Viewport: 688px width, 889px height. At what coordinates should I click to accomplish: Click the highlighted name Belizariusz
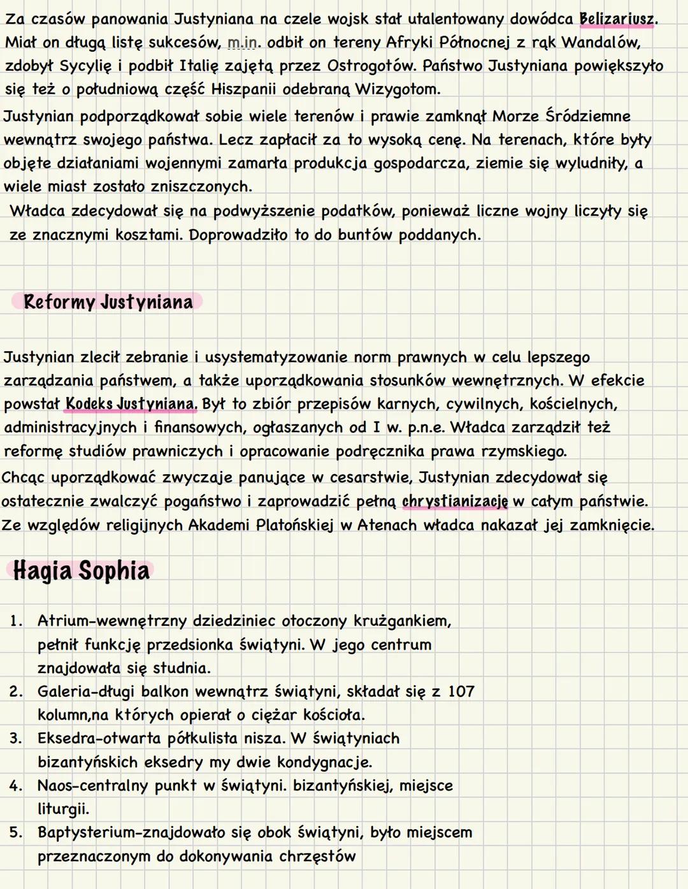(616, 19)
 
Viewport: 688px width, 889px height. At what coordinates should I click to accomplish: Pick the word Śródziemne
(587, 116)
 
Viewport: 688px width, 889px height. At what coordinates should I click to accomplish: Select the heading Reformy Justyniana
(108, 301)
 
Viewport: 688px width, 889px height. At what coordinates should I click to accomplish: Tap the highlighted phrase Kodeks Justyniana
(131, 404)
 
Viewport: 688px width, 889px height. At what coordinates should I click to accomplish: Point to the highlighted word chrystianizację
(455, 502)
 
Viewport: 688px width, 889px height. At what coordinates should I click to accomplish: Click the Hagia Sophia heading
(81, 570)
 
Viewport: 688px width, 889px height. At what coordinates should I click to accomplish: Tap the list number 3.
(15, 739)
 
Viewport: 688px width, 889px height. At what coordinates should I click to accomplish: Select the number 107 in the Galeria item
(461, 691)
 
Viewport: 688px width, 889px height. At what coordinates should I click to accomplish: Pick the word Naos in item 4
(54, 786)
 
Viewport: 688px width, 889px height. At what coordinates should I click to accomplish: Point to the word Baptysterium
(85, 833)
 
